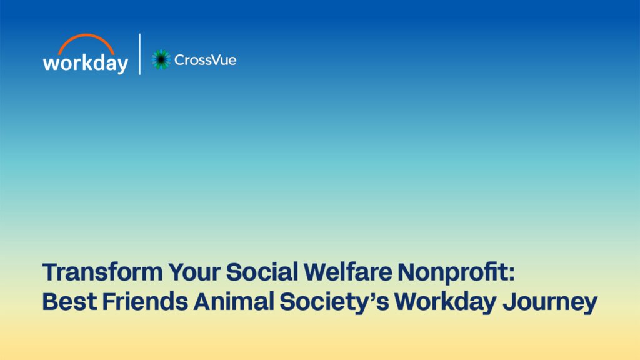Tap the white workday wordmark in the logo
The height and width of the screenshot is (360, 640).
pos(86,64)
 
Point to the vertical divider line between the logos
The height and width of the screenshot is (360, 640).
pos(140,54)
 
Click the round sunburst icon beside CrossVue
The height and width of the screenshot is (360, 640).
pos(161,59)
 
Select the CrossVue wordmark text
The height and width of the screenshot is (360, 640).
pos(205,60)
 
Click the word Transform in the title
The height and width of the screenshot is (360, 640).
pos(102,272)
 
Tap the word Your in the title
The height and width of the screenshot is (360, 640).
pos(195,272)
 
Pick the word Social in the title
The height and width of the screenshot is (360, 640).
pos(262,272)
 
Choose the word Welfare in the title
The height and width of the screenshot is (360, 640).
pos(348,272)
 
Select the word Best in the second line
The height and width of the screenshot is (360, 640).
pos(69,302)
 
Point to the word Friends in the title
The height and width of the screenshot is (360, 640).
pos(145,302)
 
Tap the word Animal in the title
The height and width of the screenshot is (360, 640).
pos(234,302)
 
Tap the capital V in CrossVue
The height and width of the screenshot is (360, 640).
pos(214,60)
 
